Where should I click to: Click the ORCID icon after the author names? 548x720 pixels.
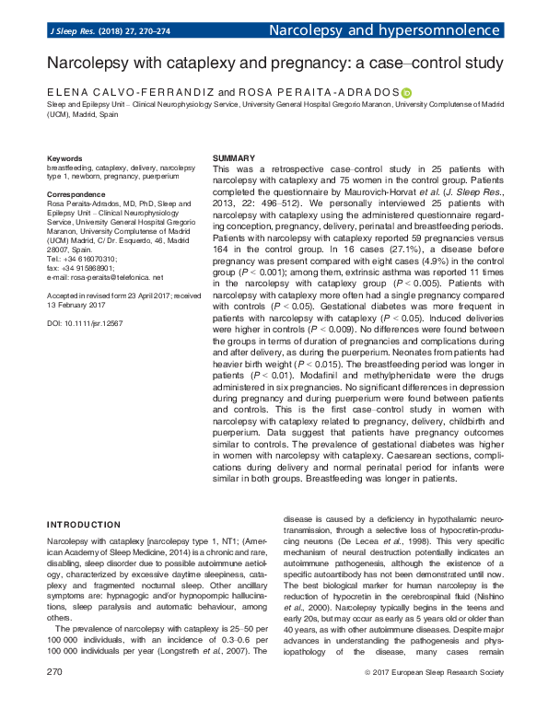tap(406, 93)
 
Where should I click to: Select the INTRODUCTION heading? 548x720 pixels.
tap(84, 525)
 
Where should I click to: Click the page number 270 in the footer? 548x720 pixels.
tap(54, 698)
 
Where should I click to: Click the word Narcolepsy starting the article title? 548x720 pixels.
tap(88, 64)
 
